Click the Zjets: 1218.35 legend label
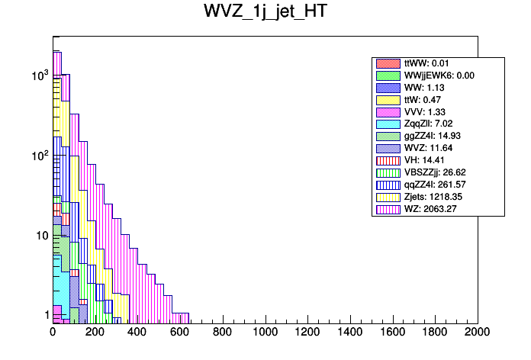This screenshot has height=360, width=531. pyautogui.click(x=438, y=197)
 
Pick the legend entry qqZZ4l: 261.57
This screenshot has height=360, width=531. pyautogui.click(x=438, y=185)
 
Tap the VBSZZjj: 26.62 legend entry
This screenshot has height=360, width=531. pyautogui.click(x=438, y=172)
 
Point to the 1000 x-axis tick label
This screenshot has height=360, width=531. pyautogui.click(x=265, y=333)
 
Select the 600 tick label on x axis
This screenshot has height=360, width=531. pyautogui.click(x=180, y=333)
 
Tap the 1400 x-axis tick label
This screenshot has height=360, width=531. pyautogui.click(x=350, y=333)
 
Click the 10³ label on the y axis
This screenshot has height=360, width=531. pyautogui.click(x=38, y=76)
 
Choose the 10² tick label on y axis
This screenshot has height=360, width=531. pyautogui.click(x=38, y=156)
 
